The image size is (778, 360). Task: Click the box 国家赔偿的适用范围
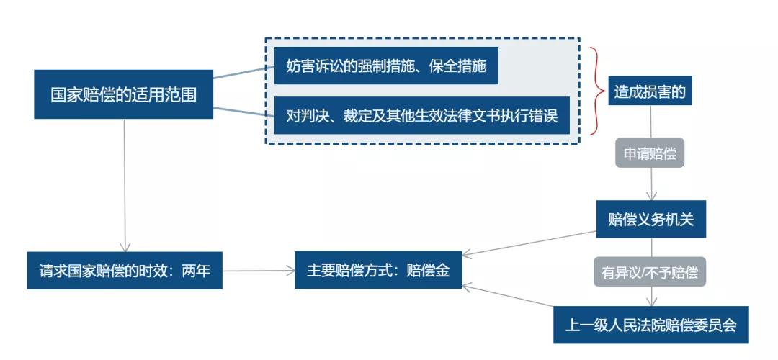123,94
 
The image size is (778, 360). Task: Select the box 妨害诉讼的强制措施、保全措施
386,67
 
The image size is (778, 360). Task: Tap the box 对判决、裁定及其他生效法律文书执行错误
421,115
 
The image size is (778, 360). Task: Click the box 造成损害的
649,91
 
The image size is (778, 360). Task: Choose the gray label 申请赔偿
649,153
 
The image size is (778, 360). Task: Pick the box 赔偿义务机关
650,219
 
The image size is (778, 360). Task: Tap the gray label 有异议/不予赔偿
650,273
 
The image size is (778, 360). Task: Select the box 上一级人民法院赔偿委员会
650,325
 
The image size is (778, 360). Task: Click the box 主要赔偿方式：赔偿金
378,270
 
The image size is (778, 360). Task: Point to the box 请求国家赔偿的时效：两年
125,271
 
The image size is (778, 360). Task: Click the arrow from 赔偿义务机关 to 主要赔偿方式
529,243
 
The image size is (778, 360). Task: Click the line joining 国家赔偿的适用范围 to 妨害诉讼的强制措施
243,73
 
